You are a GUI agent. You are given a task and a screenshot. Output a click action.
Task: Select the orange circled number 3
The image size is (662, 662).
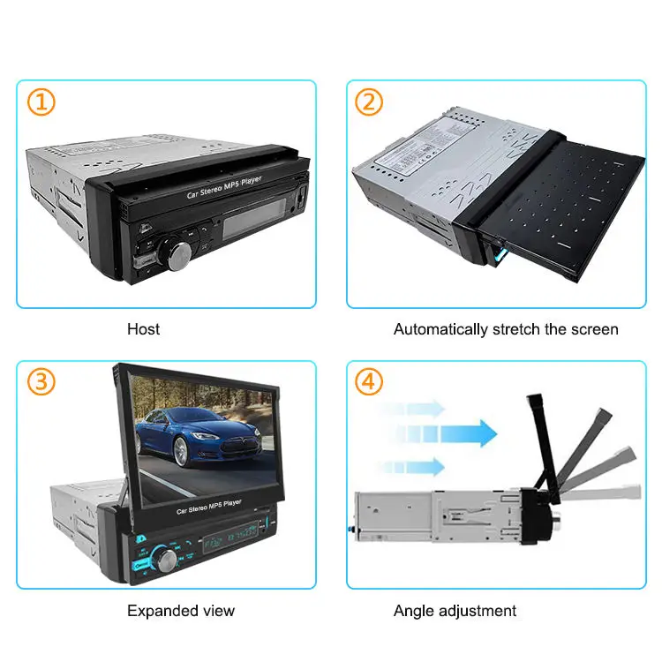41,382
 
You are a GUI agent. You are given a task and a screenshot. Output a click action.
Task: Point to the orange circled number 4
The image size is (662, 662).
369,382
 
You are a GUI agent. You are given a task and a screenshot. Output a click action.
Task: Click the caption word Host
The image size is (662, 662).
143,329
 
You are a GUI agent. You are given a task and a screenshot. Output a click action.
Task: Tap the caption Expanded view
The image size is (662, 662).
181,610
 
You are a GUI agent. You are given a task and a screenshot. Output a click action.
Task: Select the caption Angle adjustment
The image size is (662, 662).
455,610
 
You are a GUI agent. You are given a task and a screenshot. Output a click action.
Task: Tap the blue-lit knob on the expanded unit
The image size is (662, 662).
166,557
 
